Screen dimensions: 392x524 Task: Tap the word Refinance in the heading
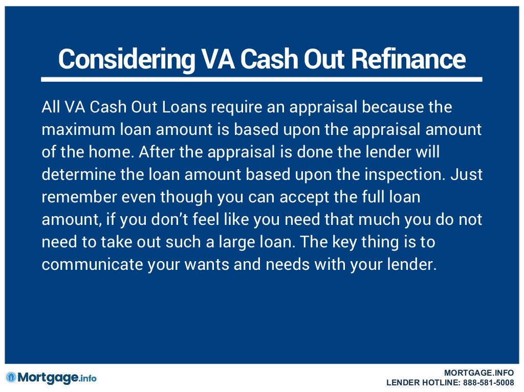408,60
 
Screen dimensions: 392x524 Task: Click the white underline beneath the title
261,80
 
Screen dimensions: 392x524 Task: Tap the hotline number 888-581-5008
488,382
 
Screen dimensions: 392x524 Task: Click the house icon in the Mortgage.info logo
11,378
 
